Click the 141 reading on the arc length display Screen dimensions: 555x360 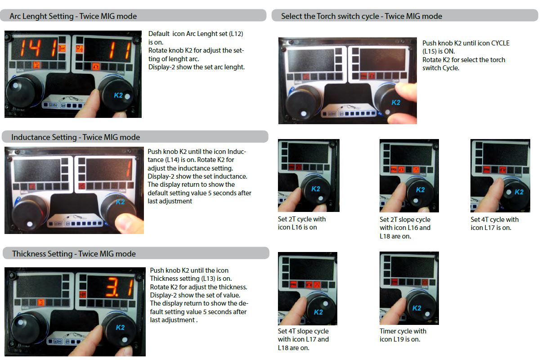point(38,48)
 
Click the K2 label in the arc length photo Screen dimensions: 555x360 point(118,95)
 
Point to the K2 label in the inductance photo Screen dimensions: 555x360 point(120,202)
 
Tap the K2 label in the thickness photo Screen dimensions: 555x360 point(120,327)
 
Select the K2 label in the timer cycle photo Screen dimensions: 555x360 point(417,308)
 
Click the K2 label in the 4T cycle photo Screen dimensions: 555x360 point(519,192)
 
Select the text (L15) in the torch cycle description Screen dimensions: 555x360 point(430,51)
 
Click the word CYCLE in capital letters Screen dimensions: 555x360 point(500,43)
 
